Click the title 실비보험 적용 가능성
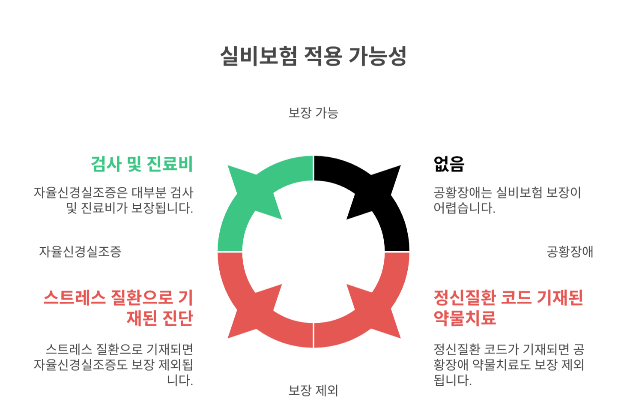pos(313,56)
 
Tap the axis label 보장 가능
pos(313,113)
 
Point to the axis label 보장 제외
pos(313,390)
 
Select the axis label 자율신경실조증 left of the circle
pos(80,251)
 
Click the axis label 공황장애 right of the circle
pos(570,251)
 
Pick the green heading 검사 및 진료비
pos(142,164)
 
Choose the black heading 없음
pos(449,164)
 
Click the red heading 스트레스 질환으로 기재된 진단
pos(119,308)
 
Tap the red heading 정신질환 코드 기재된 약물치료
pos(508,308)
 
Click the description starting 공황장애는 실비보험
pos(507,200)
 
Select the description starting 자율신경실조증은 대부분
pos(113,200)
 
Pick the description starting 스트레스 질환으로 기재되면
pos(113,365)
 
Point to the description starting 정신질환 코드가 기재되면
pos(509,365)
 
